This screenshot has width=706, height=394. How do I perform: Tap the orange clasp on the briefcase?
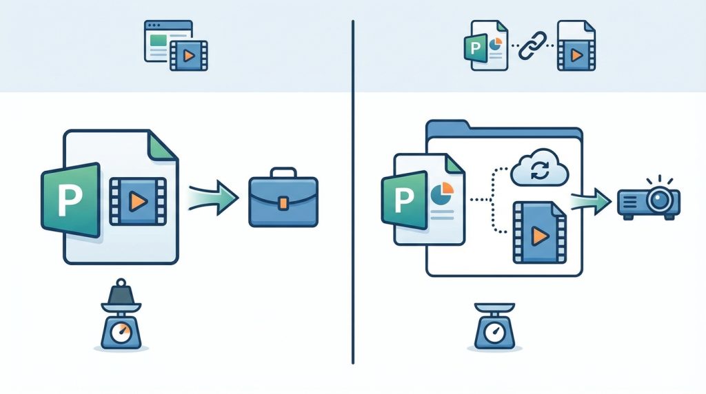[x=283, y=203]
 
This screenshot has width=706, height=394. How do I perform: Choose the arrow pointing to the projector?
[x=592, y=202]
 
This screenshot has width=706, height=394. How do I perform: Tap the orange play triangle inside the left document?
[x=138, y=201]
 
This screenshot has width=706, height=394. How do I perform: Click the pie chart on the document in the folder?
[x=441, y=193]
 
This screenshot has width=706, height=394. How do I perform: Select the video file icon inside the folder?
[x=539, y=233]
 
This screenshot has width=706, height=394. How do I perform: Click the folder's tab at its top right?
[x=552, y=131]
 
